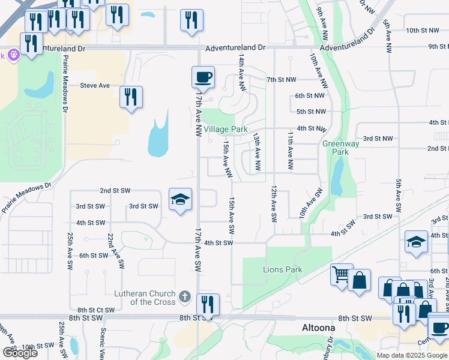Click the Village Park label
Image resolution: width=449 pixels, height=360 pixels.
click(225, 129)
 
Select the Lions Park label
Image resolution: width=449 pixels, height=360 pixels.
click(282, 269)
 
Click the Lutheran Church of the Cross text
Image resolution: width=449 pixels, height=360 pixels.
click(145, 298)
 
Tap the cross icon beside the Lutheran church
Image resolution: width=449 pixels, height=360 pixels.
click(185, 296)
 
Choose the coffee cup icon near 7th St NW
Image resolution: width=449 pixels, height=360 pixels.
click(203, 77)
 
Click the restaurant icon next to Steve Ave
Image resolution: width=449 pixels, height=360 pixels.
click(131, 97)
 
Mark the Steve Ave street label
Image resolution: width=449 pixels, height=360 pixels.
click(95, 86)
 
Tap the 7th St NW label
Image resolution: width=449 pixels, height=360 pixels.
click(282, 80)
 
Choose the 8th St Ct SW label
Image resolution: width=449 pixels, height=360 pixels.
click(91, 310)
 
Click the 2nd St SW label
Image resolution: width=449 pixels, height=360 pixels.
click(115, 190)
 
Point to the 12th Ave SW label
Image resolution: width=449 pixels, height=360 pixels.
click(273, 205)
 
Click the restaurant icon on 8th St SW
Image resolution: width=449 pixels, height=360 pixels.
click(208, 304)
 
